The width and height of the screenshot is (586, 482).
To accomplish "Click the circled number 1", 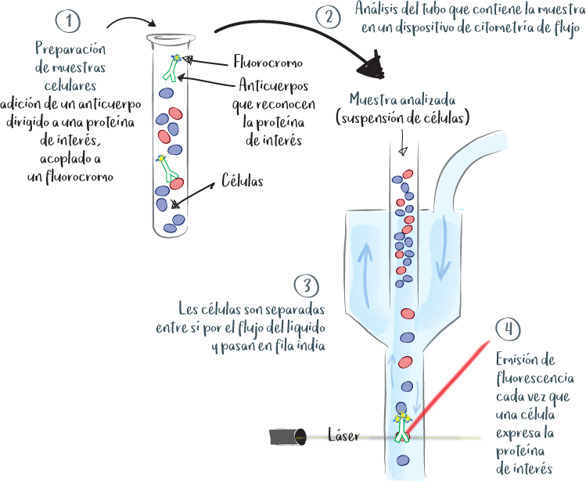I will pyautogui.click(x=70, y=20).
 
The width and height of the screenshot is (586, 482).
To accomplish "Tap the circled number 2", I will pyautogui.click(x=328, y=16).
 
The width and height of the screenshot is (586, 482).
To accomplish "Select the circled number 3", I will pyautogui.click(x=304, y=283).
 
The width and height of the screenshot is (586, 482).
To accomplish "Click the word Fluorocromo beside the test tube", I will pyautogui.click(x=268, y=61).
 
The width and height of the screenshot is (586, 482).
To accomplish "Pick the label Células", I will pyautogui.click(x=242, y=179).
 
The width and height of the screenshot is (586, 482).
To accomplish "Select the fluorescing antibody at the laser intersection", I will pyautogui.click(x=402, y=427).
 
